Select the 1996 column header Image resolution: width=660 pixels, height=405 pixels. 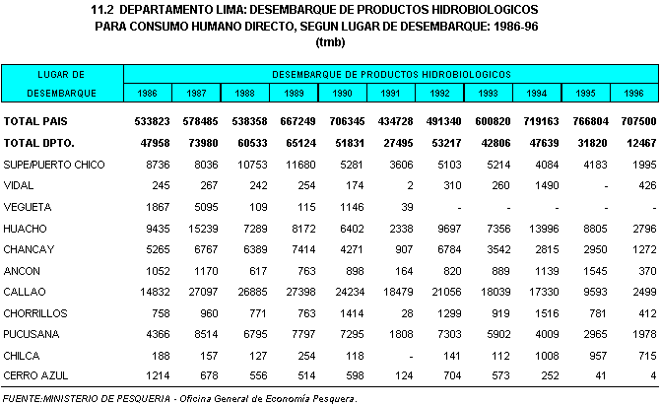coord(632,93)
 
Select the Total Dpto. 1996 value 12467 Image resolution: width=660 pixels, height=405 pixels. coord(633,143)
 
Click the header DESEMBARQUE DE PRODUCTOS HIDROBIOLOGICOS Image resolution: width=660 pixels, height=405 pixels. coord(391,74)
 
